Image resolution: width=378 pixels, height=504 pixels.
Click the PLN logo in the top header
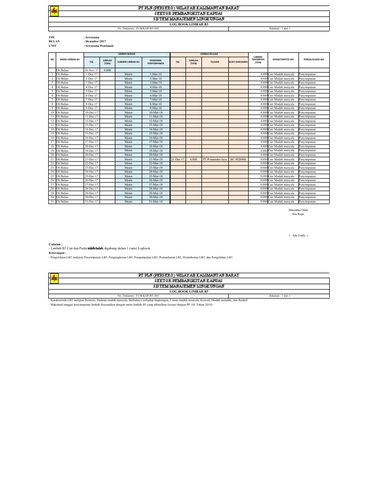click(x=53, y=12)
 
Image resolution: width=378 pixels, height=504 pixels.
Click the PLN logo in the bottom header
click(x=53, y=279)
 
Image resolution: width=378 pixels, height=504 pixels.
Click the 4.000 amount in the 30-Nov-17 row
click(x=107, y=71)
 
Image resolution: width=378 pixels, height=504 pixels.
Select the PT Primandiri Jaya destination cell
click(x=214, y=159)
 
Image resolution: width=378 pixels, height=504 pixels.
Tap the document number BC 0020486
click(x=238, y=159)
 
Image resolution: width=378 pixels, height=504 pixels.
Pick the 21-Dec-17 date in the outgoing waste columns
click(x=178, y=159)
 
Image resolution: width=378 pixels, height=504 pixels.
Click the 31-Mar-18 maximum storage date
click(x=156, y=202)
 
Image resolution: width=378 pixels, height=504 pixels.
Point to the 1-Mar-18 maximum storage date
click(x=156, y=75)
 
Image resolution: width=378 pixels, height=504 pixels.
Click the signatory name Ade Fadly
click(x=300, y=236)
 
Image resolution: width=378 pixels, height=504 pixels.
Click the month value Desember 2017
click(x=95, y=41)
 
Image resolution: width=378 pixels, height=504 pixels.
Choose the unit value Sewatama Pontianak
click(x=99, y=45)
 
